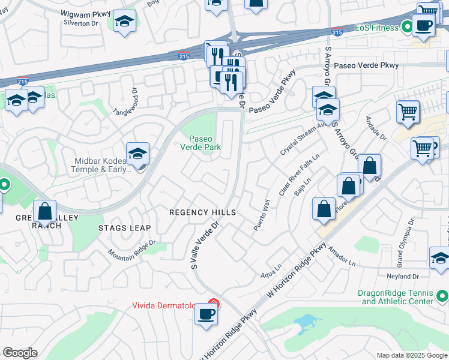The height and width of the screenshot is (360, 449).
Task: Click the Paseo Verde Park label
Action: coord(201,142)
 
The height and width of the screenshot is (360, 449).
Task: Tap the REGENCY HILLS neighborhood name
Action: coord(202,213)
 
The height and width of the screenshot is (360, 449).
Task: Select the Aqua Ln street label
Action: coord(271,269)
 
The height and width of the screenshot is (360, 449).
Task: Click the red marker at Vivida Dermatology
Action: coord(212,304)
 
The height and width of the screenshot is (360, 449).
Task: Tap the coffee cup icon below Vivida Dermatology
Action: coord(206,314)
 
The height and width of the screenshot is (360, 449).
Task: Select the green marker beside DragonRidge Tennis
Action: coord(442,296)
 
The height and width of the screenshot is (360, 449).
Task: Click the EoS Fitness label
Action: coord(376,28)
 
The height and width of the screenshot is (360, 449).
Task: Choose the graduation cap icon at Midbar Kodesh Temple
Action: coord(138,155)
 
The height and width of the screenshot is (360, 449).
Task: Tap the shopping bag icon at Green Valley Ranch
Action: coord(44,212)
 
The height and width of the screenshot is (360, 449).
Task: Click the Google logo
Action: coord(20,353)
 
